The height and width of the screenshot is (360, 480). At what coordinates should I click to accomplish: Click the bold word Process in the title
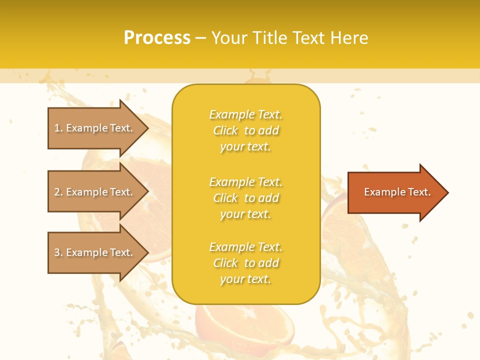point(157,37)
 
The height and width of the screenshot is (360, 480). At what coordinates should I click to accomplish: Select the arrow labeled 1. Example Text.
point(95,128)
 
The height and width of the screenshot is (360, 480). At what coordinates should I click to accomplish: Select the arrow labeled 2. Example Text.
point(95,192)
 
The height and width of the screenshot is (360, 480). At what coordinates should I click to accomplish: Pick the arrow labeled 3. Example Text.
point(95,252)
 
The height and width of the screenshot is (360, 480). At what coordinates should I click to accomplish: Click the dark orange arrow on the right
point(395,192)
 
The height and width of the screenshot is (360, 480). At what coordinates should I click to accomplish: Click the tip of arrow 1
point(147,128)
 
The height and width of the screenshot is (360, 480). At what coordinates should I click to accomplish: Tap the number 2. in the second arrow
point(58,192)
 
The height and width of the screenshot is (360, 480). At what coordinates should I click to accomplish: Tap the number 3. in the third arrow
point(58,252)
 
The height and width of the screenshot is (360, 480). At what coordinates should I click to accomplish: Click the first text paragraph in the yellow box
point(245,130)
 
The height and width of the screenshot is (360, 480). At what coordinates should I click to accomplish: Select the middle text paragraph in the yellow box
point(245,198)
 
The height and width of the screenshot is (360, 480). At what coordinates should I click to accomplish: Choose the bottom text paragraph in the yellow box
point(245,263)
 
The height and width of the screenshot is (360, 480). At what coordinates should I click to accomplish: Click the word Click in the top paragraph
point(225,130)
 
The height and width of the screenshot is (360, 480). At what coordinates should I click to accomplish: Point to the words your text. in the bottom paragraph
point(245,279)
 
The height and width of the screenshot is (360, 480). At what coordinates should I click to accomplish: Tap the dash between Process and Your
point(200,38)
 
